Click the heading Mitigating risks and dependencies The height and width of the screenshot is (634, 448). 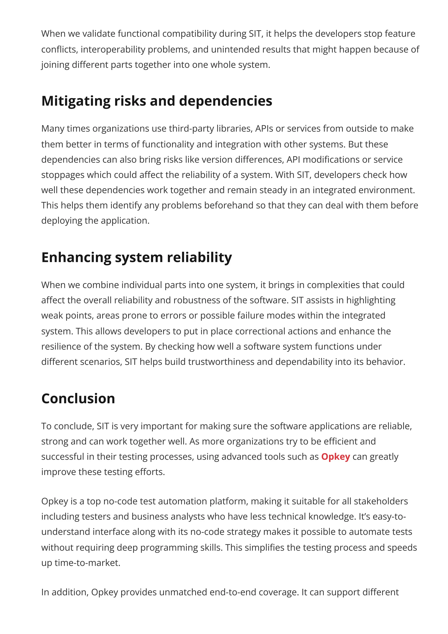[156, 101]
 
